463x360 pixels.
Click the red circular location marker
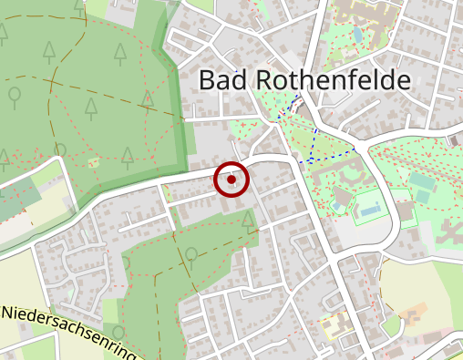[x=231, y=180]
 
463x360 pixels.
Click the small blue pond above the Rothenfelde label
[x=357, y=35]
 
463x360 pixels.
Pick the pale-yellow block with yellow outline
[x=334, y=325]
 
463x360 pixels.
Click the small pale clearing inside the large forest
[x=93, y=161]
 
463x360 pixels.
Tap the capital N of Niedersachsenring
[x=7, y=312]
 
